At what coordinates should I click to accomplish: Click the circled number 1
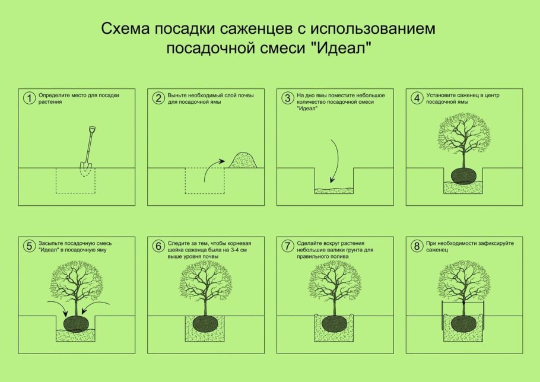(29, 98)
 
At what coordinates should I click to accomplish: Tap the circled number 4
(417, 98)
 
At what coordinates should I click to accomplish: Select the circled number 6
(158, 246)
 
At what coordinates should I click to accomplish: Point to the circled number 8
(417, 246)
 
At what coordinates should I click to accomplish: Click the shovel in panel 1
(87, 151)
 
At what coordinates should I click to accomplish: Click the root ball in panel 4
(464, 176)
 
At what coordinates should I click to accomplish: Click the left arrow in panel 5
(58, 308)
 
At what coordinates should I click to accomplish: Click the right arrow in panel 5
(96, 308)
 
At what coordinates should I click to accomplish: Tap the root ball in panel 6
(205, 324)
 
